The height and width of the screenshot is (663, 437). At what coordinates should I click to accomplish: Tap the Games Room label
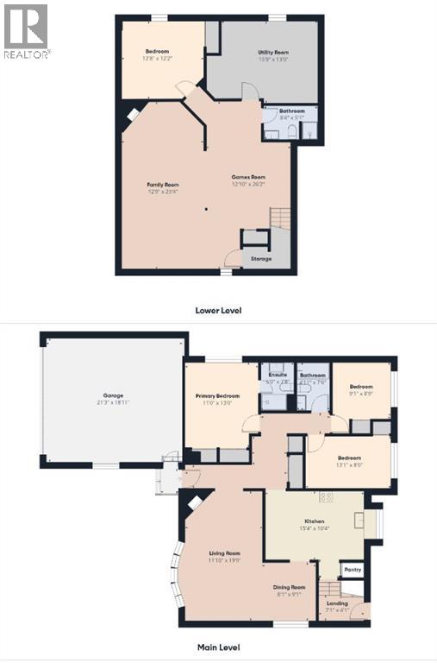tap(246, 177)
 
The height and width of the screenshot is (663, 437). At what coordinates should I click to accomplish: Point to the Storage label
tap(260, 258)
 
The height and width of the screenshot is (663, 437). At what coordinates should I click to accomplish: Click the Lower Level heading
tap(219, 308)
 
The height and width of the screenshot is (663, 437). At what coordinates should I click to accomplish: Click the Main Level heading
tap(217, 647)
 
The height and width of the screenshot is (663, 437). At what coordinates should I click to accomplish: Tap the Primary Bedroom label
tap(216, 395)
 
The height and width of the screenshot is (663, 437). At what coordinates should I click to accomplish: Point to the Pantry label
tap(352, 571)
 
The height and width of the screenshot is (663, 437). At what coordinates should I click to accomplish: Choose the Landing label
tap(337, 603)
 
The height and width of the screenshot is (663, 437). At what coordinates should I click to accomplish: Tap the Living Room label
tap(224, 552)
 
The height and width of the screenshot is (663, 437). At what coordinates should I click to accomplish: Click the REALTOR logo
tap(26, 30)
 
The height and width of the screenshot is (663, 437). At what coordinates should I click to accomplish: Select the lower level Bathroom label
tap(290, 112)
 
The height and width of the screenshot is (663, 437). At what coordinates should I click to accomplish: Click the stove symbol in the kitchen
tap(327, 496)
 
